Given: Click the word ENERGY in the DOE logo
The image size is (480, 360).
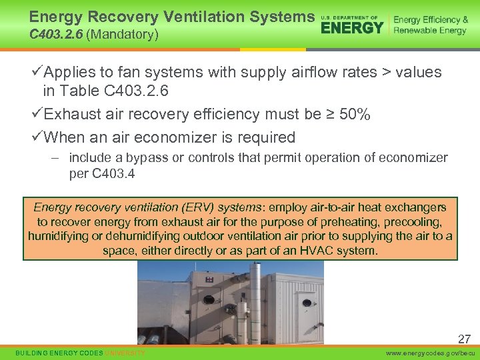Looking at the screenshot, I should (352, 27).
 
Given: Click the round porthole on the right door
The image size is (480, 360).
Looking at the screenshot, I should (307, 302).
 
